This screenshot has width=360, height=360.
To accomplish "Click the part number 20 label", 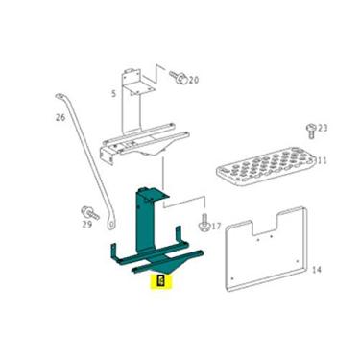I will click(x=194, y=80).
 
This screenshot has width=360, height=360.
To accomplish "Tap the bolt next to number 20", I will click(x=178, y=77).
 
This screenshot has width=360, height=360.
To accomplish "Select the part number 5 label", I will click(x=113, y=93).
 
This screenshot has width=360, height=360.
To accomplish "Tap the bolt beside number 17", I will click(x=204, y=224).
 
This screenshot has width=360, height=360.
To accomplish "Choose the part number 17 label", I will click(x=216, y=227).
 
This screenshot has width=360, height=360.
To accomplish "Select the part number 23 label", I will click(x=323, y=128).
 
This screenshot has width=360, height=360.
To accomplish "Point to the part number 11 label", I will click(x=322, y=161).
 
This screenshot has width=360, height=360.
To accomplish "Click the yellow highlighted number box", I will click(x=160, y=281).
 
